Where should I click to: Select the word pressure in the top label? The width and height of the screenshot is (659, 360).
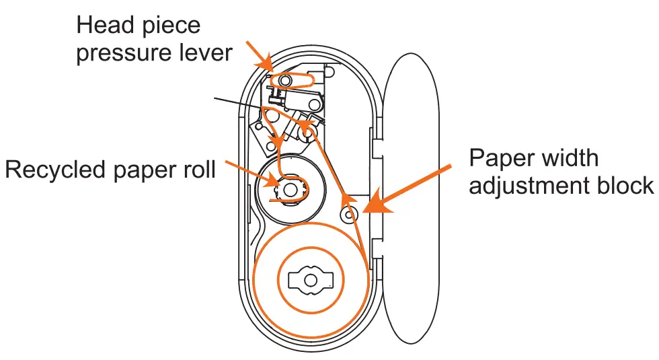point(123,53)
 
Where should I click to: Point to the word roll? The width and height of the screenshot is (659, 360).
point(197,169)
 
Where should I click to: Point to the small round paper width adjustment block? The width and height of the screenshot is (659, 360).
point(348,215)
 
